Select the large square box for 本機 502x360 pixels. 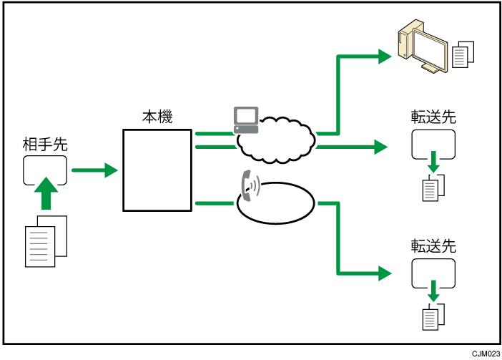click(x=157, y=170)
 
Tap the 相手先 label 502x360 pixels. click(x=45, y=144)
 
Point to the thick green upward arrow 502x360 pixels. click(x=46, y=193)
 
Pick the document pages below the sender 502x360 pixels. click(x=46, y=237)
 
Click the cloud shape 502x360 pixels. click(x=275, y=140)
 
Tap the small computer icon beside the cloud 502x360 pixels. click(x=245, y=119)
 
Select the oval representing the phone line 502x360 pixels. click(x=276, y=203)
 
